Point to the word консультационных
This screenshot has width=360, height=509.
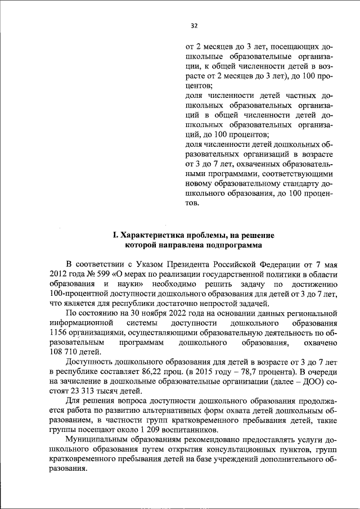(x=231, y=451)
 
